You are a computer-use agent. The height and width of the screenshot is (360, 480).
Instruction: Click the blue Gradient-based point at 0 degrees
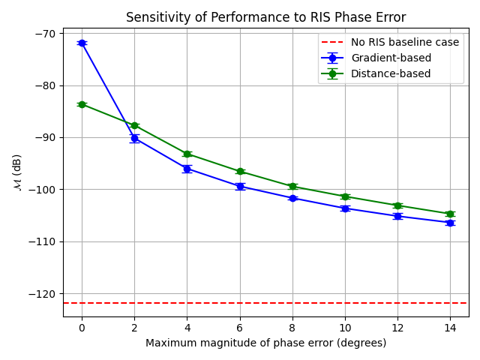tap(82, 43)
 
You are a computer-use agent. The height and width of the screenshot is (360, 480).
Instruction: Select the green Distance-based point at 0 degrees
tap(82, 104)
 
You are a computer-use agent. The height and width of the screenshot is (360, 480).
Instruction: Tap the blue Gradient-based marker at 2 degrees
tap(134, 138)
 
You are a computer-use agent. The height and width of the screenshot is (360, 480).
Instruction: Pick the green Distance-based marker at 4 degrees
tap(187, 154)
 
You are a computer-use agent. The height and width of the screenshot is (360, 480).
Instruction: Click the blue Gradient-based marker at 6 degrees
tap(240, 186)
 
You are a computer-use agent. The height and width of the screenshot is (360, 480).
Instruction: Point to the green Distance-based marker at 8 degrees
tap(292, 186)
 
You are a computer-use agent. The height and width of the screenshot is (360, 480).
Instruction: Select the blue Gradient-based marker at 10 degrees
tap(345, 208)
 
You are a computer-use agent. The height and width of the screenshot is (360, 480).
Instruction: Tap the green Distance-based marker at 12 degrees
tap(397, 205)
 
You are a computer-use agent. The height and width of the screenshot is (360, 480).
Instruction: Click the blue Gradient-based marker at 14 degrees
tap(450, 223)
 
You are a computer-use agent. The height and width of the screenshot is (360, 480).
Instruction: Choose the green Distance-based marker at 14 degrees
tap(450, 214)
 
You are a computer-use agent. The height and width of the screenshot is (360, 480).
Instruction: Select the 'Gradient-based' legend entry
tap(391, 58)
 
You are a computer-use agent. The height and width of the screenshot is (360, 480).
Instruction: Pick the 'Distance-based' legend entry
tap(391, 73)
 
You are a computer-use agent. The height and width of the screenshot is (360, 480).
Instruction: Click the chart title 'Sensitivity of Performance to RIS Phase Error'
tap(265, 17)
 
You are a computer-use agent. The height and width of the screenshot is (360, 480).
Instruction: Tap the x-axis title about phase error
tap(265, 343)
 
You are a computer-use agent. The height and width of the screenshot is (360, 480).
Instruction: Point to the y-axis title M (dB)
tap(17, 172)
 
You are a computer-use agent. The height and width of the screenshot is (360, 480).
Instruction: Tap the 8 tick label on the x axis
tap(292, 328)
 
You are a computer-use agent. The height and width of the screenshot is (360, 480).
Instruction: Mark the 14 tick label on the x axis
tap(450, 328)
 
